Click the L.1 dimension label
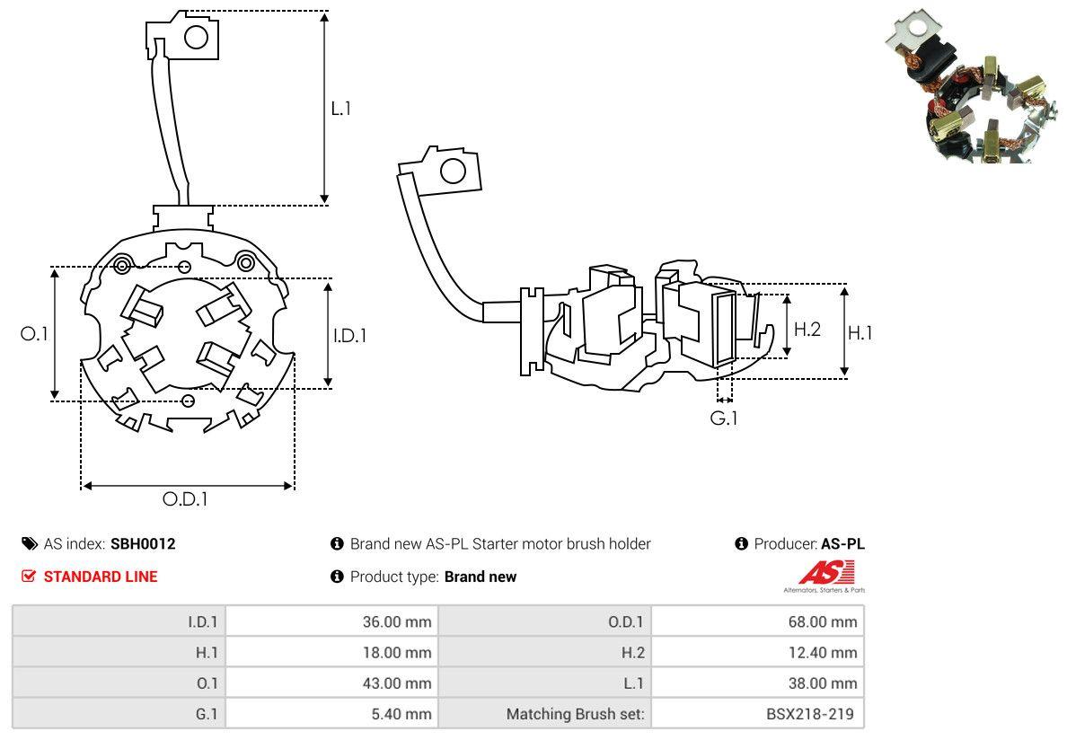click(x=341, y=108)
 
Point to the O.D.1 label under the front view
click(x=185, y=499)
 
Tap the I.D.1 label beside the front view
click(x=349, y=335)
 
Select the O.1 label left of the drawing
click(x=34, y=334)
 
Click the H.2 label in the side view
click(x=807, y=330)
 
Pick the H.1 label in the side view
click(x=860, y=332)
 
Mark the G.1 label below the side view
click(x=723, y=418)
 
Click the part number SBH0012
click(x=143, y=544)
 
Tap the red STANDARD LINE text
click(x=101, y=577)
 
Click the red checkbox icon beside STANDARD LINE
click(x=29, y=576)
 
